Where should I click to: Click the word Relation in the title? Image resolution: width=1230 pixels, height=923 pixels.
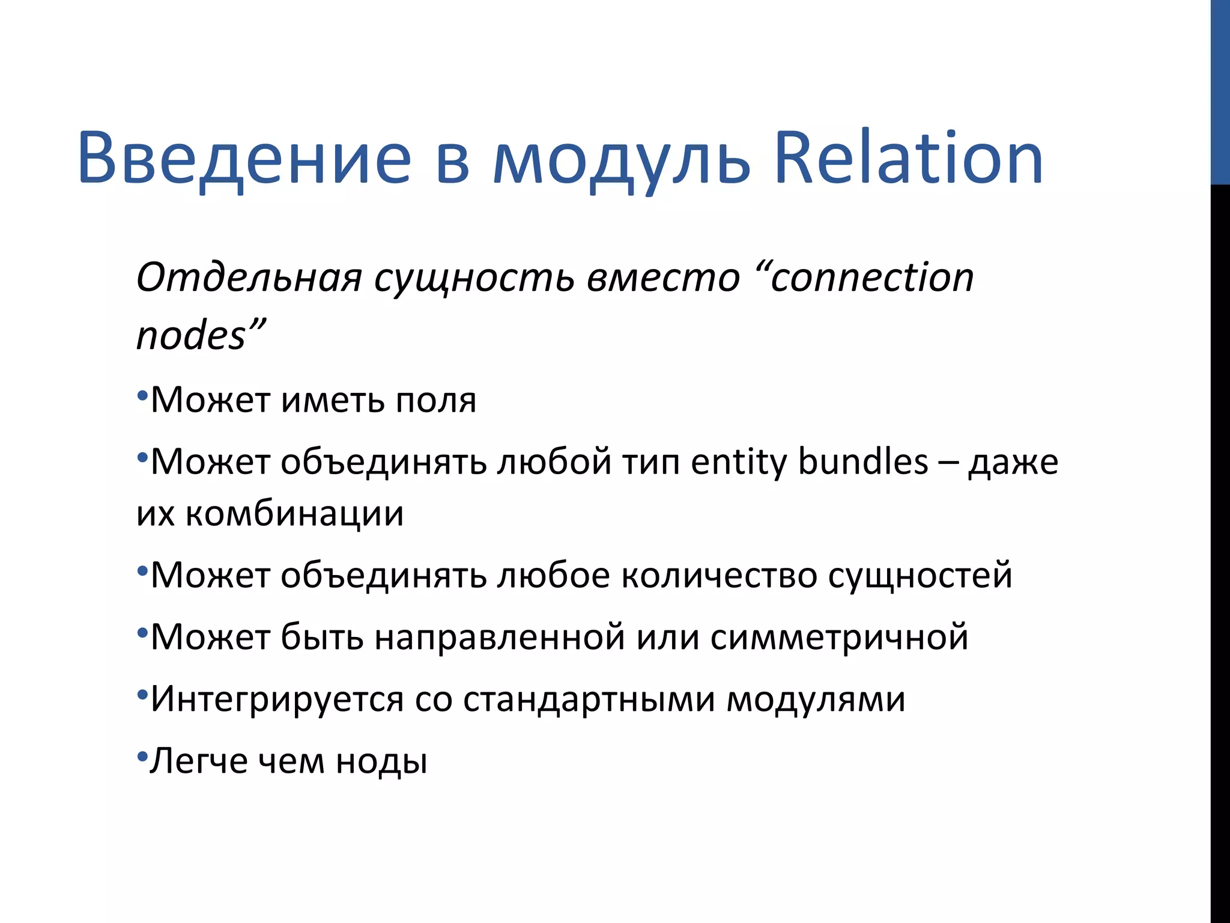pos(908,159)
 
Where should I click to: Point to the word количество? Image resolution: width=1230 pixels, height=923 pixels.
pos(719,576)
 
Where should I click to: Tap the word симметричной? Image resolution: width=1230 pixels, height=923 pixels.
pos(839,637)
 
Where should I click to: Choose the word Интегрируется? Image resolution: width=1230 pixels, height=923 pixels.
pos(277,699)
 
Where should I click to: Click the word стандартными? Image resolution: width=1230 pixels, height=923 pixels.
pos(589,699)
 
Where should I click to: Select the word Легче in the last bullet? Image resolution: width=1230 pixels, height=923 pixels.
pos(199,762)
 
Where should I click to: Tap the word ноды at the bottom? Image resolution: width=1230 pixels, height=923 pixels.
pos(381,762)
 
